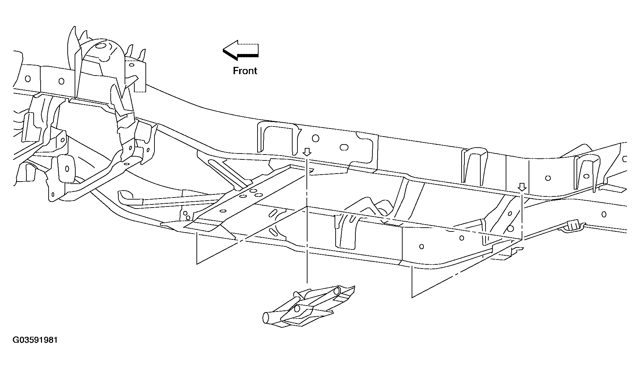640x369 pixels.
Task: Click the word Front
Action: [245, 71]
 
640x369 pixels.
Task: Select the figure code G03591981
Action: [35, 340]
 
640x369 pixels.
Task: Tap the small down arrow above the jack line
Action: [307, 152]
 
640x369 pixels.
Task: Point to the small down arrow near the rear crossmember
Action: [522, 187]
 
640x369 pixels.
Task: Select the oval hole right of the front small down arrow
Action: [344, 147]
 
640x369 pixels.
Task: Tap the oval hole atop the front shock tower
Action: [101, 46]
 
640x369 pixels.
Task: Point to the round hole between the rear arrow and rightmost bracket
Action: [548, 178]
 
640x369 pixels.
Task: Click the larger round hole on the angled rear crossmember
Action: [511, 229]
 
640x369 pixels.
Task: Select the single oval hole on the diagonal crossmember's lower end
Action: [222, 211]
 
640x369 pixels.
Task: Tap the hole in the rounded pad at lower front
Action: [67, 169]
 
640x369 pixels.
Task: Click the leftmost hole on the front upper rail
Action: [28, 79]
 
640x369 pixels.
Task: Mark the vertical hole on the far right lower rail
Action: [604, 214]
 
